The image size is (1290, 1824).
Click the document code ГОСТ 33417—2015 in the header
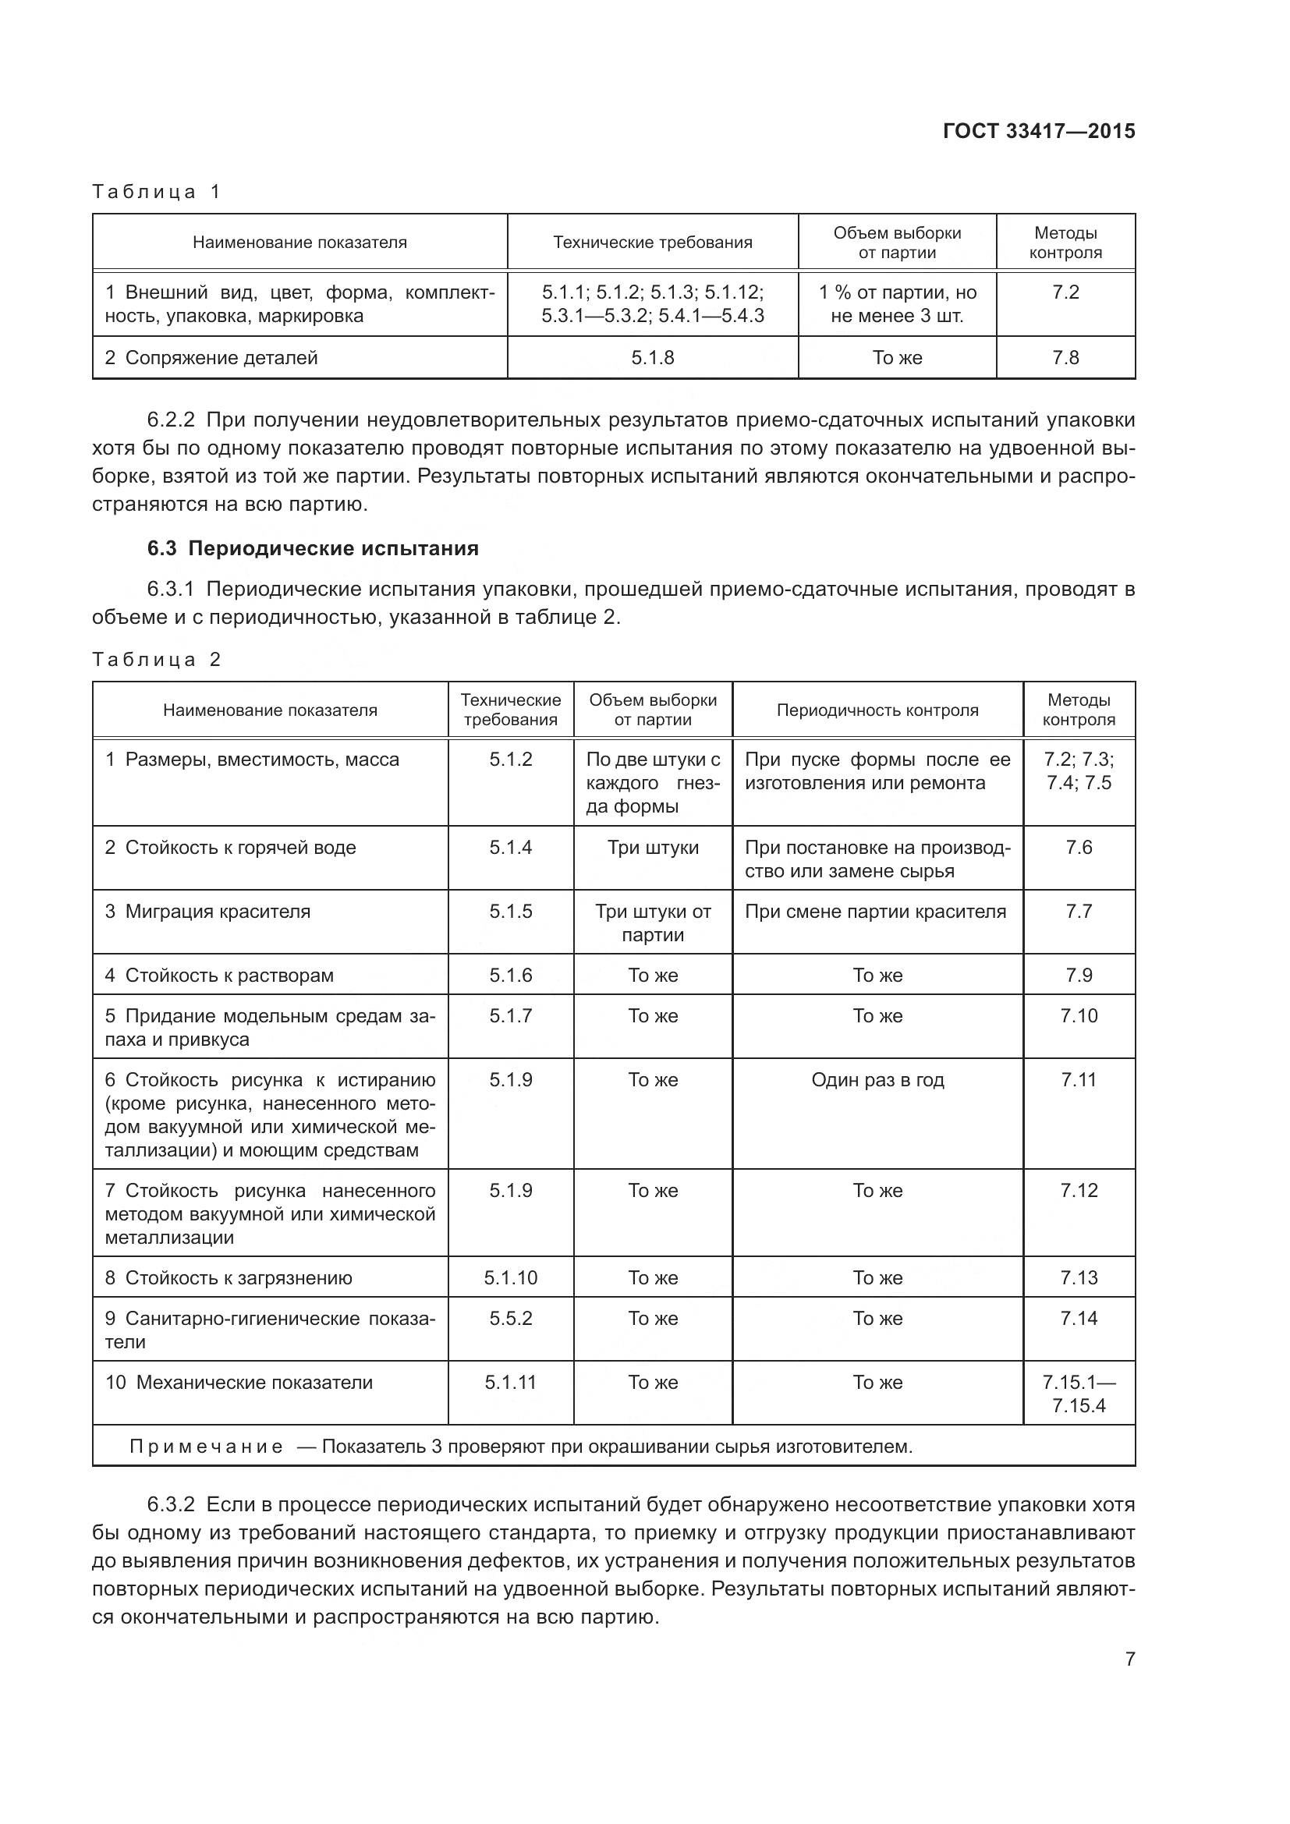coord(1038,131)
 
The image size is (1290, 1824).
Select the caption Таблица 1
coord(156,192)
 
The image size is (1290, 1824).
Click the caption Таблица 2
coord(156,660)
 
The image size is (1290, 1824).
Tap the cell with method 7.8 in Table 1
coord(1065,357)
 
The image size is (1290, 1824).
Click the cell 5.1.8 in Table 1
coord(652,357)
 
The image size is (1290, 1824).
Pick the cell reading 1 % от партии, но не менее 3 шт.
coord(897,304)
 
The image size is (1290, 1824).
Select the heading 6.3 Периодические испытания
coord(313,548)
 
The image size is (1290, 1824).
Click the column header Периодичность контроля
coord(877,710)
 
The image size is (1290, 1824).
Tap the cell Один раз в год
coord(877,1079)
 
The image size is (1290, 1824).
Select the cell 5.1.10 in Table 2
coord(510,1277)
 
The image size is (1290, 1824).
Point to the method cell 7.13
coord(1078,1277)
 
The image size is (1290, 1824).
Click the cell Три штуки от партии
coord(652,923)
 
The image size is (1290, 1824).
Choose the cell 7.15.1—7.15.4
coord(1078,1394)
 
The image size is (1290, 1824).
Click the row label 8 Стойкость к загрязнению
coord(229,1277)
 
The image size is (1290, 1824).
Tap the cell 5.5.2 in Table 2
coord(510,1318)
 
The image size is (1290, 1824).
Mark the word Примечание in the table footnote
coord(206,1446)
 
